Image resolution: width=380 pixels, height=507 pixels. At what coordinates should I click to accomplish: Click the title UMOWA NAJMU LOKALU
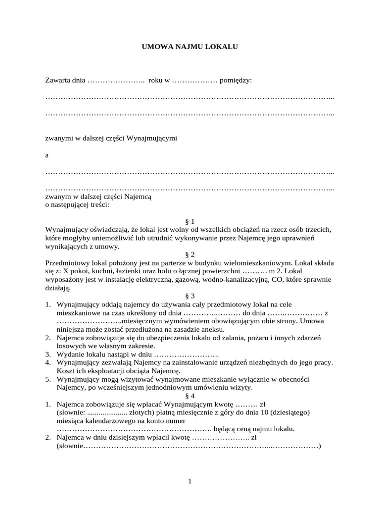click(x=190, y=47)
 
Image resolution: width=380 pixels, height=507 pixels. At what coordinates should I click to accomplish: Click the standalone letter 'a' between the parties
click(x=47, y=155)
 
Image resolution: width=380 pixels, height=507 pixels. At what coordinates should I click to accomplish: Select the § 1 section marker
click(x=190, y=221)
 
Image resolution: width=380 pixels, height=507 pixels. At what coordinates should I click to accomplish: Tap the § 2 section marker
click(x=190, y=254)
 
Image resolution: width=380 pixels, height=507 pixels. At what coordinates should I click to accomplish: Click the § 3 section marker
click(x=190, y=296)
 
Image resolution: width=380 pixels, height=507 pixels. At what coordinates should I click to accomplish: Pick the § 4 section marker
click(x=190, y=396)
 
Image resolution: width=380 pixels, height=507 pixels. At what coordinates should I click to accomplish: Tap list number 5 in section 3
click(x=48, y=379)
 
